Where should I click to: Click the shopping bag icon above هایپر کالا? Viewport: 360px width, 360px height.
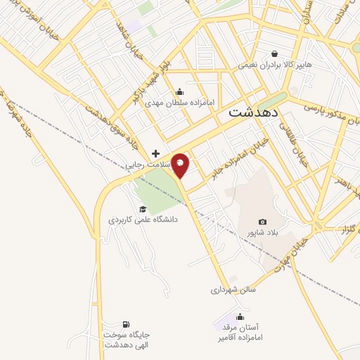pyautogui.click(x=274, y=53)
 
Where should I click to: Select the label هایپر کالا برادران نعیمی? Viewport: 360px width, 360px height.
pyautogui.click(x=274, y=65)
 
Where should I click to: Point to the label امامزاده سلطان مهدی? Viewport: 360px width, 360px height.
pyautogui.click(x=180, y=101)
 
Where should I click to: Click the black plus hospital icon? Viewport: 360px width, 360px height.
pyautogui.click(x=155, y=153)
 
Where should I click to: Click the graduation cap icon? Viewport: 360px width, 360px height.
pyautogui.click(x=143, y=209)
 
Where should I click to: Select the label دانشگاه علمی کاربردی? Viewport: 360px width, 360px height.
pyautogui.click(x=143, y=220)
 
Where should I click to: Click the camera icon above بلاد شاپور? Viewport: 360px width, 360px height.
pyautogui.click(x=262, y=221)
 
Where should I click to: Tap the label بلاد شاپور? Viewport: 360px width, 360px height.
pyautogui.click(x=262, y=233)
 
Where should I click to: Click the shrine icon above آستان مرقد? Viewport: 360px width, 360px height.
pyautogui.click(x=240, y=316)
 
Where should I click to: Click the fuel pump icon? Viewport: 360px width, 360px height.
pyautogui.click(x=125, y=324)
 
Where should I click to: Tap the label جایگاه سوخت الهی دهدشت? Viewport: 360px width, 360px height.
pyautogui.click(x=127, y=340)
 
